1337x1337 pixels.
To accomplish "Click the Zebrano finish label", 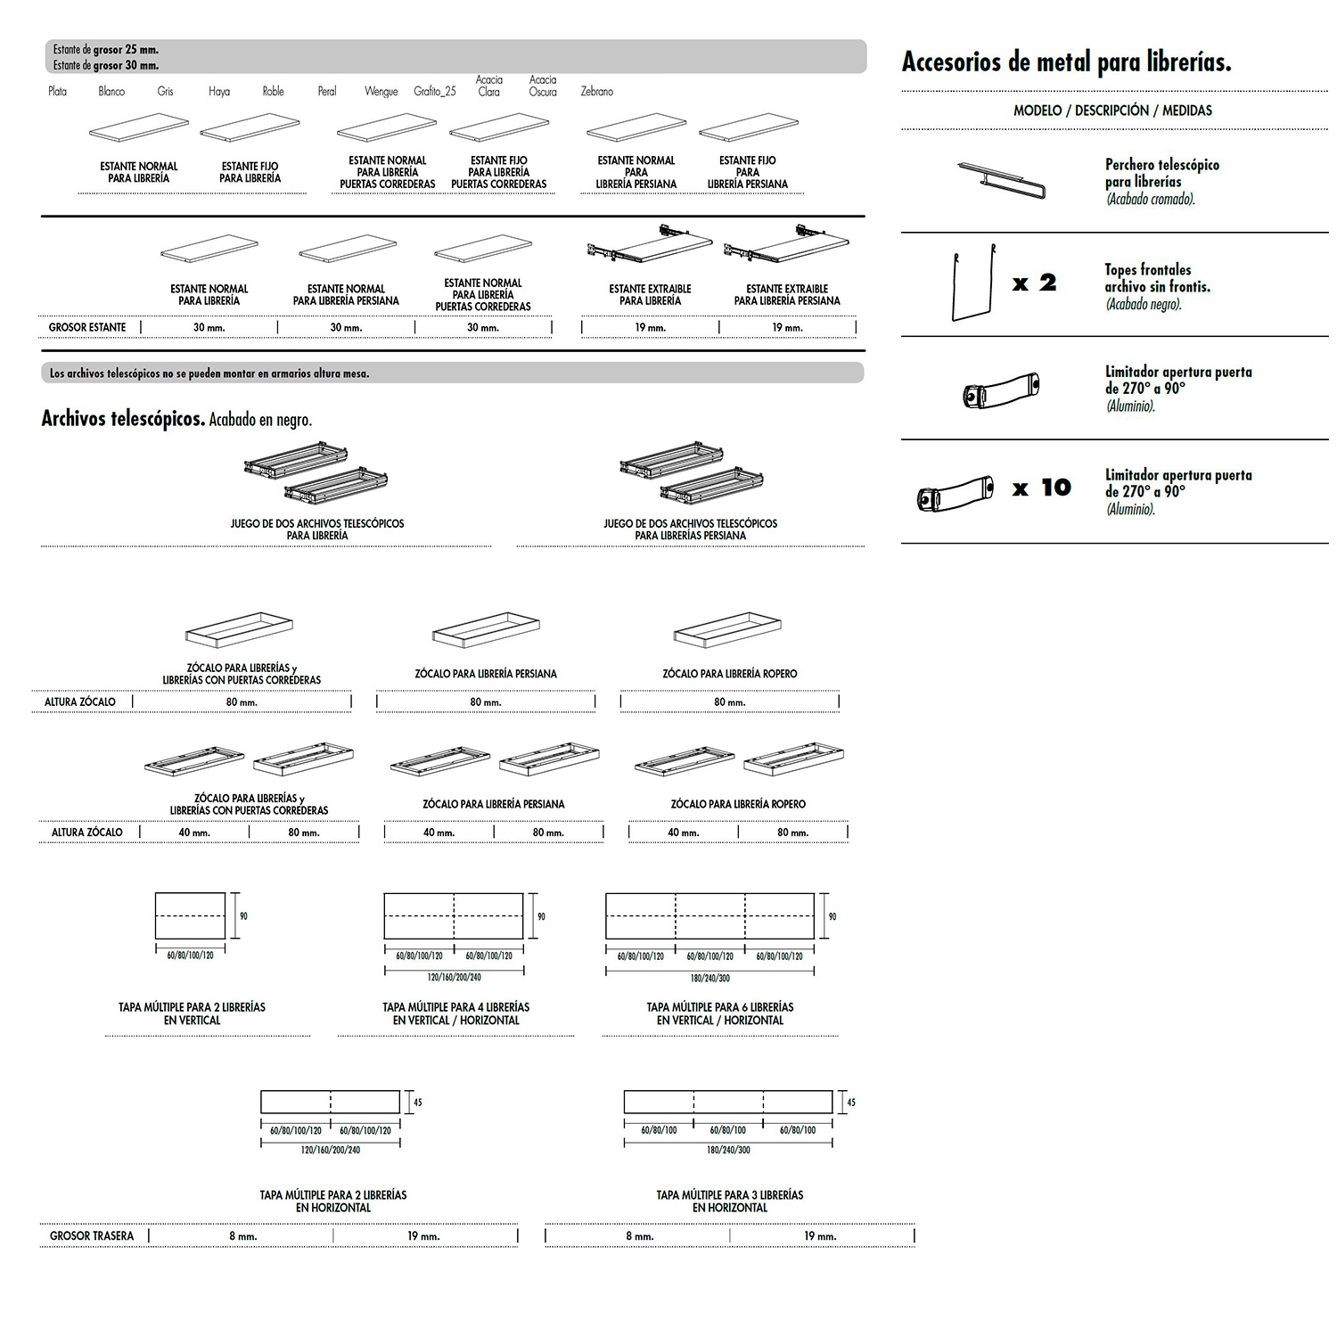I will (x=596, y=92).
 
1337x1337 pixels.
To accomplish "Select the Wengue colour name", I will (x=381, y=92).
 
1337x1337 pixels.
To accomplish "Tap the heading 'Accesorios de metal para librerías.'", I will (x=1066, y=62).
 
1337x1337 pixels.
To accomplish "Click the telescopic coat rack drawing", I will (x=1002, y=180).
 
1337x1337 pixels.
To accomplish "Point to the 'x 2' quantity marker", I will (x=1034, y=283).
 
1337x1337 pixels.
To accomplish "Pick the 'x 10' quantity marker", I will (x=1041, y=488).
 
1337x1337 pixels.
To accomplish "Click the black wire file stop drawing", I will (x=973, y=283).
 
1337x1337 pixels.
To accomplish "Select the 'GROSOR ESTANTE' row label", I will (x=87, y=328).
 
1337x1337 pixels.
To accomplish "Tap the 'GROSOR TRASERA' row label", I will (x=92, y=1236).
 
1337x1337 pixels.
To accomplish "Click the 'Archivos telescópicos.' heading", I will (x=123, y=419).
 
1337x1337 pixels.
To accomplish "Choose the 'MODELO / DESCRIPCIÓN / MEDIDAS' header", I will (x=1112, y=111).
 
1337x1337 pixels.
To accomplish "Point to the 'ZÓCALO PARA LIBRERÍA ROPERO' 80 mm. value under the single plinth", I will (x=729, y=702).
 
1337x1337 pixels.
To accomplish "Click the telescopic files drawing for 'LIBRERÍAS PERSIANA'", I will (x=692, y=472).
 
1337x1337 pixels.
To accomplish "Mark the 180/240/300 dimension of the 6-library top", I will (x=710, y=979).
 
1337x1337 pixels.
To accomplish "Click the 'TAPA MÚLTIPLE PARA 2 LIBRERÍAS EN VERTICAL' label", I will (x=192, y=1013).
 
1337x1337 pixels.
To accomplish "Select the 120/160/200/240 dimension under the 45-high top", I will (x=331, y=1150).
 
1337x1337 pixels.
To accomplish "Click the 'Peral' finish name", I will (x=327, y=92).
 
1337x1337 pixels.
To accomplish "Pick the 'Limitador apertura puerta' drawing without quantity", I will (x=1001, y=390).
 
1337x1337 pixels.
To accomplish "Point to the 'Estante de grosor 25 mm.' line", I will (x=106, y=50).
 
